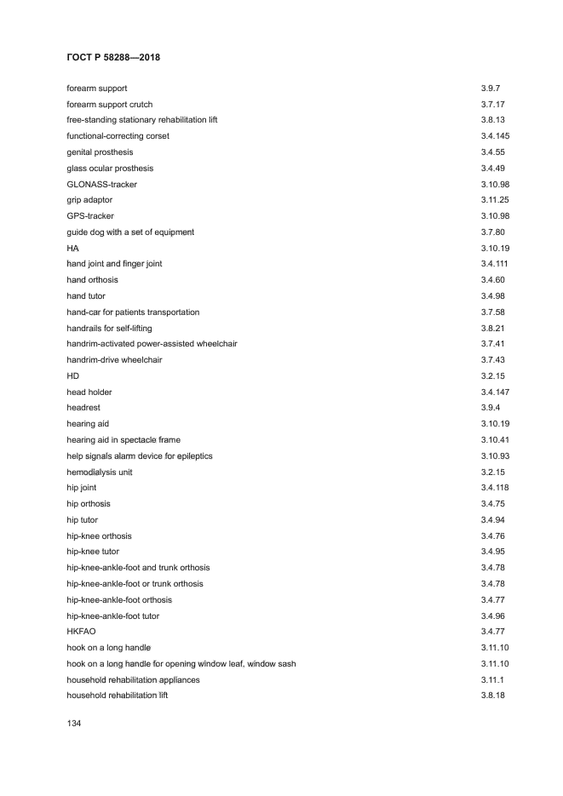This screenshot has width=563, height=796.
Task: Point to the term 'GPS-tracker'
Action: pos(90,216)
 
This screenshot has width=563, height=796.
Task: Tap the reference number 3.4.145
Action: pos(495,136)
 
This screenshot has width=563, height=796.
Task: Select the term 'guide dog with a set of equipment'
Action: pos(130,232)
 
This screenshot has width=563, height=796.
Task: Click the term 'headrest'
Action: pos(83,408)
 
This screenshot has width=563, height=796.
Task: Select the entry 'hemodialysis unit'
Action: pos(100,472)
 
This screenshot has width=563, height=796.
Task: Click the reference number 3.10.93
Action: pos(495,456)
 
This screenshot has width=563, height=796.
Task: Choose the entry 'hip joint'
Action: pos(82,488)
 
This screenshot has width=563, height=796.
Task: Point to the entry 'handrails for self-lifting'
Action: pos(109,328)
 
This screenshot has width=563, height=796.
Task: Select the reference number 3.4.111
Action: pos(495,264)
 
